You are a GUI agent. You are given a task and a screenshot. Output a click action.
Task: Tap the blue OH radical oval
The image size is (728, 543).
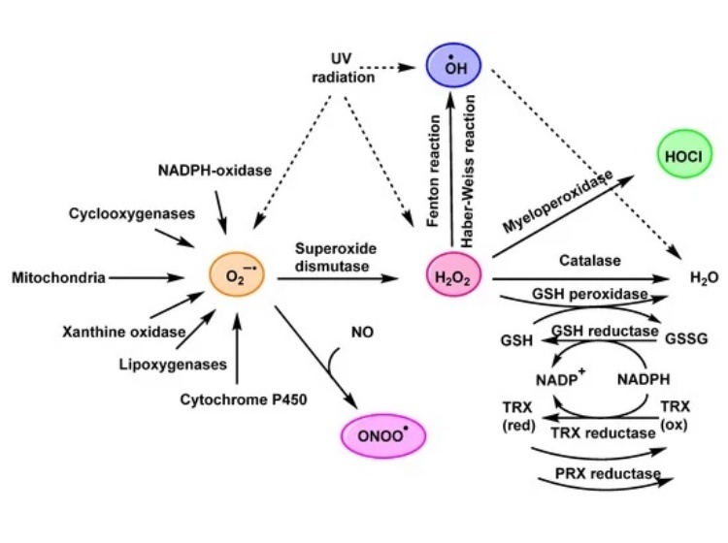point(454,67)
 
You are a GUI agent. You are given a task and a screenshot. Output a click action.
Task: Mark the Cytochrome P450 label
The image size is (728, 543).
point(238,399)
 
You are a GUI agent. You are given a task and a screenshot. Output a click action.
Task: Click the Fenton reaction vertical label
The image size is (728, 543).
point(434,170)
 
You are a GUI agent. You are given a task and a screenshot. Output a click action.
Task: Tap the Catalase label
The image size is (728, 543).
point(582,260)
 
